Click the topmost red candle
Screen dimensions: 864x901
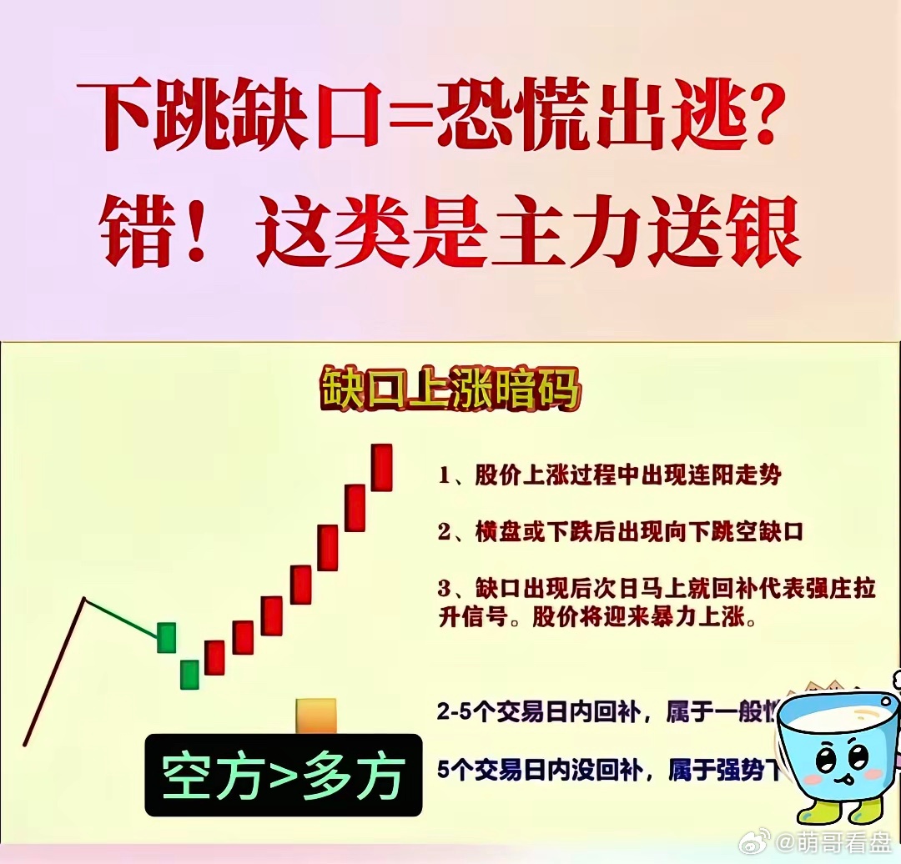pos(382,467)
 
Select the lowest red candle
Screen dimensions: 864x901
pos(215,657)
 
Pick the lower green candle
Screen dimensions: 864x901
pos(190,674)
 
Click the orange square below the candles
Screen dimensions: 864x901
pos(316,716)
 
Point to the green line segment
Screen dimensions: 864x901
pos(122,618)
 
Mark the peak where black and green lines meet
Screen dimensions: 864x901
pos(84,598)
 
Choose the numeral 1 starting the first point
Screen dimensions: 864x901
pos(445,477)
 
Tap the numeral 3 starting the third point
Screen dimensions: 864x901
pos(445,589)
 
